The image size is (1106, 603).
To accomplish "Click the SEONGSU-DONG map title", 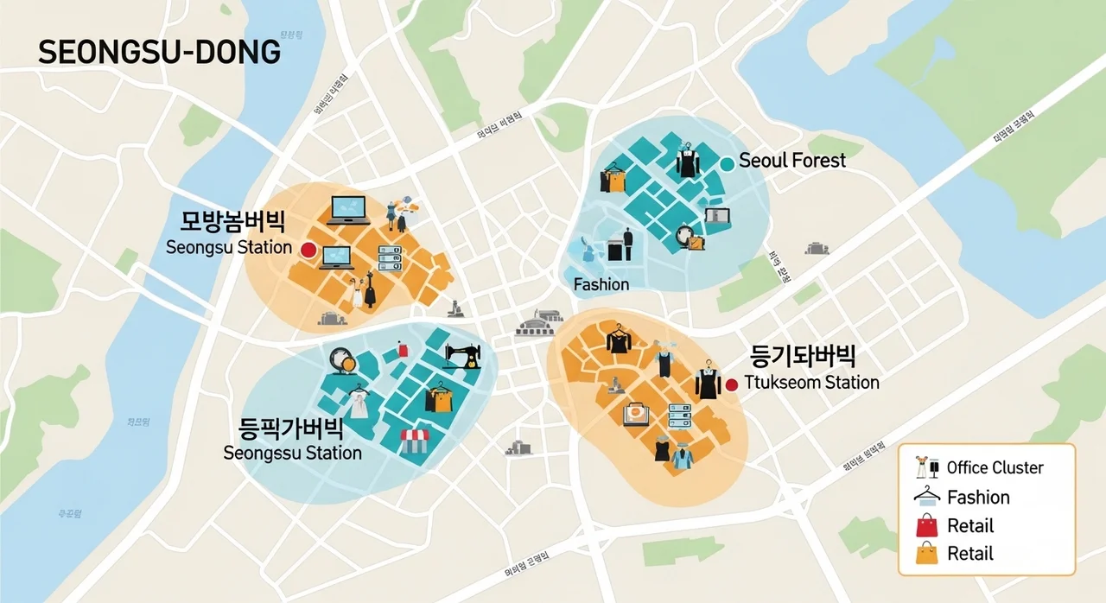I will tap(160, 52).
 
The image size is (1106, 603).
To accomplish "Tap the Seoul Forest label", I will tap(792, 161).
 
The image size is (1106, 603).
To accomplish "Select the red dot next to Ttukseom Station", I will tap(732, 384).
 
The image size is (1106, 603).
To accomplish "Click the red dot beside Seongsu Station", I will tap(308, 250).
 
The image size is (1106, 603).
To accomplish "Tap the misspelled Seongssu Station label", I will tap(292, 453).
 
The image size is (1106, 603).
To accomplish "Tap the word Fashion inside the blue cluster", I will tap(601, 284).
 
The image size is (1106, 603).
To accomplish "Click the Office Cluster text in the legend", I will tap(995, 468).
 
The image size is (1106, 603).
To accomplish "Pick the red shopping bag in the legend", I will tap(926, 525).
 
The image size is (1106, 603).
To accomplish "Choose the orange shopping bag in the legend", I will tap(926, 553).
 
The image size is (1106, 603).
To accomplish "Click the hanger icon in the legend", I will tap(926, 496).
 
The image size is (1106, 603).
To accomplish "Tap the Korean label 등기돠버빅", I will tap(803, 356).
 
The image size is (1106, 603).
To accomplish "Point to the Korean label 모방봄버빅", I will tap(232, 222).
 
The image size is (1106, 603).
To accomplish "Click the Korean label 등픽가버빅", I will tap(290, 428).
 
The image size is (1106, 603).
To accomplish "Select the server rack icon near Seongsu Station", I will tap(390, 257).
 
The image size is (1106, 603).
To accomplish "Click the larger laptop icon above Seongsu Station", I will tap(348, 210).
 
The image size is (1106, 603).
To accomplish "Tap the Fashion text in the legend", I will tap(978, 498).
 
